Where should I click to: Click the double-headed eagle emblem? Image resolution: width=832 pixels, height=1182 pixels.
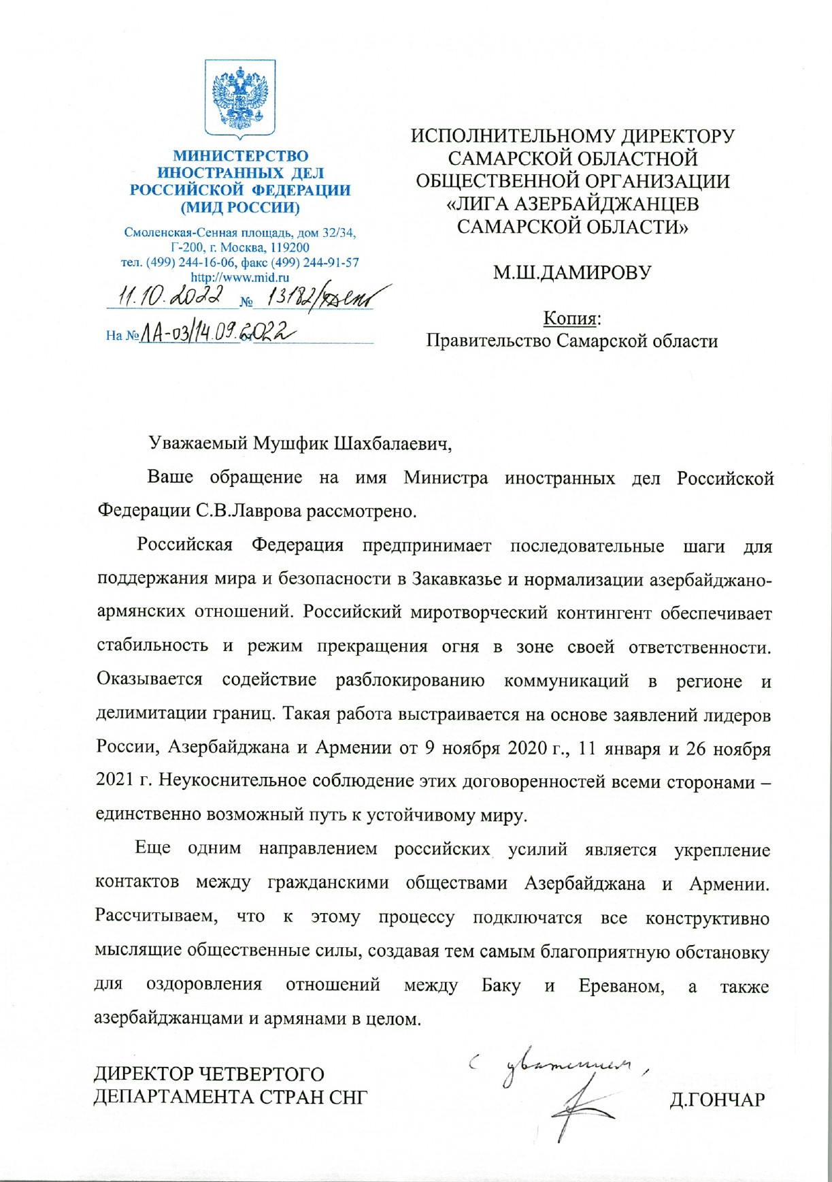240,98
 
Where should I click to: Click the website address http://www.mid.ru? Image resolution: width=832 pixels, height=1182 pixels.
240,277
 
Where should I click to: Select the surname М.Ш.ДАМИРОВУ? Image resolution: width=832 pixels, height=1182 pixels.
571,273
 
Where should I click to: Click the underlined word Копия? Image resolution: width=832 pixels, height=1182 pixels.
570,318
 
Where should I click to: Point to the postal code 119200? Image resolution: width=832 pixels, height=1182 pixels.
286,248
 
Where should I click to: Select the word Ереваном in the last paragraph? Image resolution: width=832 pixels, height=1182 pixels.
621,986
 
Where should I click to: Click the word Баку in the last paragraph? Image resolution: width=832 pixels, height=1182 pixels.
501,986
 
